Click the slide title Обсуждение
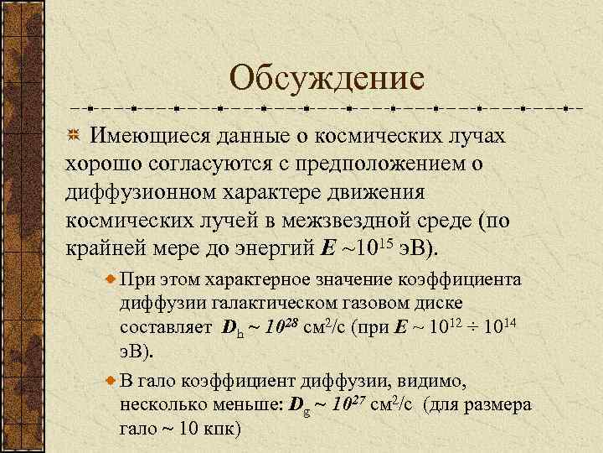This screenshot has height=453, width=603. click(327, 79)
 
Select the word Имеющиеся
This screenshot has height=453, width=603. click(149, 136)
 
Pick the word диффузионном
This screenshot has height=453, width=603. click(145, 193)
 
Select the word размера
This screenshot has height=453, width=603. click(501, 404)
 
